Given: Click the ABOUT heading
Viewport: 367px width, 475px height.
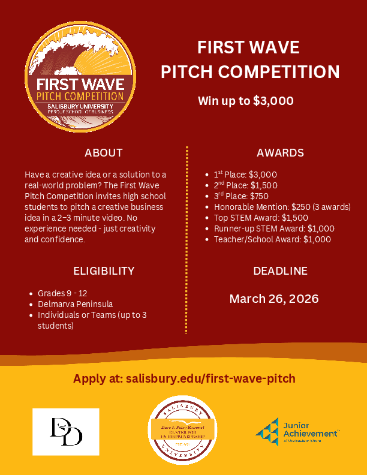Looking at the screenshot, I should [103, 152].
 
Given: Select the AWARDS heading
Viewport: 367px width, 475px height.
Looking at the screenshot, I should [280, 152].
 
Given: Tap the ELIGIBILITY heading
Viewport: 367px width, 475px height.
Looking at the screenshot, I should [104, 270].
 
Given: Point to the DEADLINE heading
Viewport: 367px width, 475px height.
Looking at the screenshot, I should [280, 270].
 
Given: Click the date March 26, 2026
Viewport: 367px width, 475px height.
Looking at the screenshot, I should [274, 299].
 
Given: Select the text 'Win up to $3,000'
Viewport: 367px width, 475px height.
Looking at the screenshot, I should [246, 100].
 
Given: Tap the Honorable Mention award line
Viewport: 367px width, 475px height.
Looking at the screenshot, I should [282, 207].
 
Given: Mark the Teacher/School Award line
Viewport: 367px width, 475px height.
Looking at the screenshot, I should [272, 239].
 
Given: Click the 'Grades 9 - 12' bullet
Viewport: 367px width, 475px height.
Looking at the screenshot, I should [62, 293].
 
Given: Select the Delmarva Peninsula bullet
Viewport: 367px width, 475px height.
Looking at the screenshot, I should [75, 304].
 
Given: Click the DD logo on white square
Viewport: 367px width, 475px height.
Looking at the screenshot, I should [66, 431].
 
